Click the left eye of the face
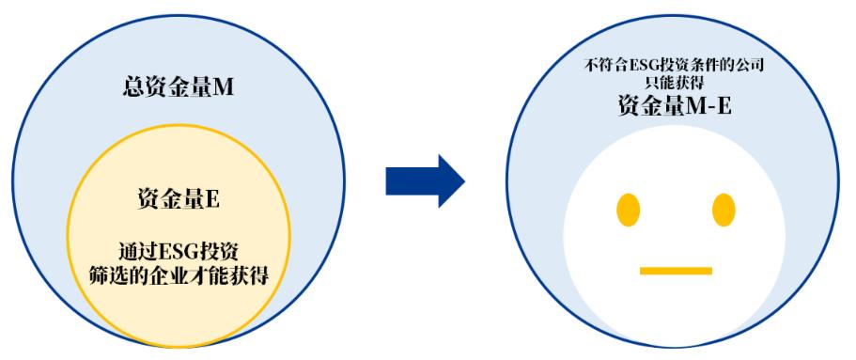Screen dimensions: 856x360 click(x=628, y=207)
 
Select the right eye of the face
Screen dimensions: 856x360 click(x=723, y=207)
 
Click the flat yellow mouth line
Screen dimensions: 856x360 click(x=676, y=271)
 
